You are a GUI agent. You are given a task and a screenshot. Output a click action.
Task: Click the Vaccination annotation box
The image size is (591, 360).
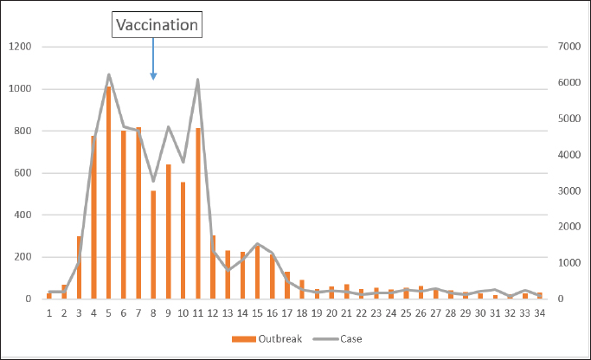coord(157,25)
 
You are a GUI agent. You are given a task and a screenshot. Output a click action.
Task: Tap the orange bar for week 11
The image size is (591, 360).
coord(197,213)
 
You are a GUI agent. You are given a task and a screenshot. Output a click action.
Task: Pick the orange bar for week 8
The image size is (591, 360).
coord(153,244)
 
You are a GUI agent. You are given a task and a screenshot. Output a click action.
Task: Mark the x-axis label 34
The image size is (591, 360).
coord(539,313)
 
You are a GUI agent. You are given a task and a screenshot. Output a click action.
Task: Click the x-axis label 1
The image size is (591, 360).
coord(49,313)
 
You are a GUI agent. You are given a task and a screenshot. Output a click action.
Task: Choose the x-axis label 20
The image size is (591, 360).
coord(331,313)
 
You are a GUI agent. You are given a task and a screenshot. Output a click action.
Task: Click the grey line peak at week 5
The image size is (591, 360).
coord(109,74)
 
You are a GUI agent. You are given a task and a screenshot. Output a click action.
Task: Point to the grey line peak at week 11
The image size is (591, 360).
coord(198,80)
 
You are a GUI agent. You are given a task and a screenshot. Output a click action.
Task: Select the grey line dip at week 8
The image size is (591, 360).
coord(153,181)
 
